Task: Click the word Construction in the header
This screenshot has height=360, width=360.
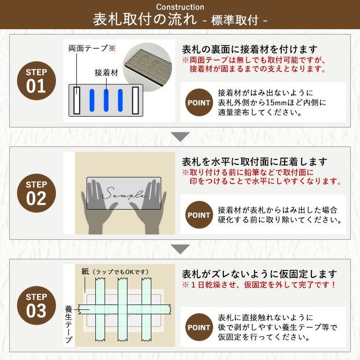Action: coord(180,7)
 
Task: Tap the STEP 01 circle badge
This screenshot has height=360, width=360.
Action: coord(36,81)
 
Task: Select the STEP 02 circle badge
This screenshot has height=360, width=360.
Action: coord(36,193)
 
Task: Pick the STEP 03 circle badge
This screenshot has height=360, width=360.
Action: coord(36,306)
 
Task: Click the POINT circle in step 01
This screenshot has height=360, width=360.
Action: coord(199,102)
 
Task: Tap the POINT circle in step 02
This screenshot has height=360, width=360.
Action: coord(199,215)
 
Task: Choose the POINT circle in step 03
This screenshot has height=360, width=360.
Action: coord(199,327)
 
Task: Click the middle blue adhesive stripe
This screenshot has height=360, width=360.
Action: coord(106,100)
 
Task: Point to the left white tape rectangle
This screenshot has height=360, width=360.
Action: coord(77,100)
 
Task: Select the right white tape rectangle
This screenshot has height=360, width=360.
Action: coord(135,100)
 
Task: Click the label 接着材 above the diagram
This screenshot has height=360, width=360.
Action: coord(107,72)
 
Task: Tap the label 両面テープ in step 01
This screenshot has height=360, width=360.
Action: coord(88,48)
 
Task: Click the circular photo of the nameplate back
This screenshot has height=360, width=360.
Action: coord(147,67)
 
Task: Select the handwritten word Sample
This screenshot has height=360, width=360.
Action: coord(124,193)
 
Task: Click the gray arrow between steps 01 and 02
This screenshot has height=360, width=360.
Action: coord(180,137)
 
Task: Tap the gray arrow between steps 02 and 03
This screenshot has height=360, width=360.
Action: coord(180,249)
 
